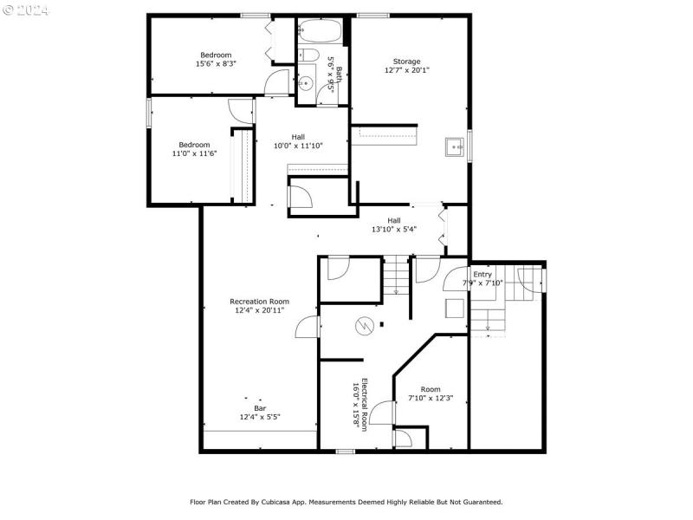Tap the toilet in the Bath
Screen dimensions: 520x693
point(308,56)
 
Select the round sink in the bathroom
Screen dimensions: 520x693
point(306,85)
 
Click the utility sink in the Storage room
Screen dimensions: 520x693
point(454,148)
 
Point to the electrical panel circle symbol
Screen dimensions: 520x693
point(366,326)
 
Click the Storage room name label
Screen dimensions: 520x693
point(406,62)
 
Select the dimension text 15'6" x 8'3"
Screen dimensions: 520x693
point(216,63)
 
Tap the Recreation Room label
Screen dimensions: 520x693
point(259,302)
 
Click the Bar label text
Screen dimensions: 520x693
point(260,407)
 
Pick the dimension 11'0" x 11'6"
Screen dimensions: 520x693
point(194,153)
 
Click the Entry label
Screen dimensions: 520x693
point(482,274)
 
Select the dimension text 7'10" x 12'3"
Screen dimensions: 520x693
point(431,399)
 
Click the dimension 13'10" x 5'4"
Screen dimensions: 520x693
point(394,230)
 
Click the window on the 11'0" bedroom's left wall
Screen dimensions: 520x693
point(149,113)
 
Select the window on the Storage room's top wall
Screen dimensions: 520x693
point(372,15)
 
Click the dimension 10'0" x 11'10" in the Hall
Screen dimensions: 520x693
point(298,146)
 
